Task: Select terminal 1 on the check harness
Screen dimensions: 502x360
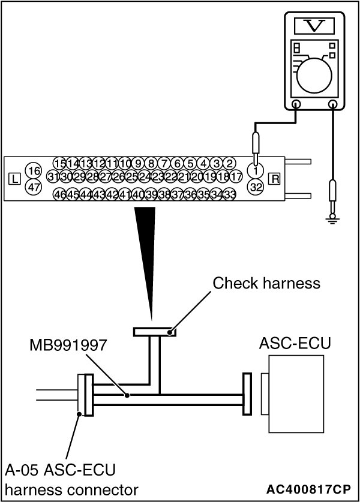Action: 256,171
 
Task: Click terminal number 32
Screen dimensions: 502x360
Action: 256,187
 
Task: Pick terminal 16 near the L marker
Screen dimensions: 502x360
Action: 34,171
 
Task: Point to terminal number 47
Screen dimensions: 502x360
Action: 34,187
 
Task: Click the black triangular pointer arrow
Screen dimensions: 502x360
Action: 146,252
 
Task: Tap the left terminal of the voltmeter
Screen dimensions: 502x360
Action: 296,105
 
